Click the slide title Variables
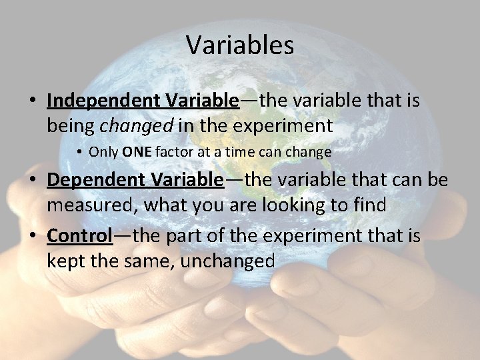pos(240,45)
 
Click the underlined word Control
pos(79,235)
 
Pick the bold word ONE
pos(137,152)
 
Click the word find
pos(367,205)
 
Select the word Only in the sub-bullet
pos(104,152)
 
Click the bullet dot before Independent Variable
pos(32,101)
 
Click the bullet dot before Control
pos(32,237)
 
